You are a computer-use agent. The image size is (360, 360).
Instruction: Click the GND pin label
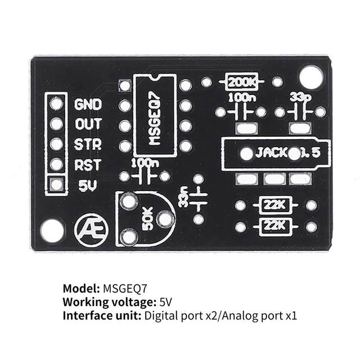pyautogui.click(x=88, y=104)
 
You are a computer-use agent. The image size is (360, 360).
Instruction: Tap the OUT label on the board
pyautogui.click(x=88, y=124)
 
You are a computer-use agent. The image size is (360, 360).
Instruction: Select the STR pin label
pyautogui.click(x=88, y=144)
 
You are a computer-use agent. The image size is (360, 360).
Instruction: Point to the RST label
pyautogui.click(x=88, y=165)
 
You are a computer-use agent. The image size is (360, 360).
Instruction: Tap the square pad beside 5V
pyautogui.click(x=56, y=184)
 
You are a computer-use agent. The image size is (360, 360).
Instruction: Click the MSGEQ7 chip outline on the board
pyautogui.click(x=155, y=115)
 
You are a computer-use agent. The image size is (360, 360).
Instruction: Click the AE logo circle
pyautogui.click(x=87, y=228)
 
